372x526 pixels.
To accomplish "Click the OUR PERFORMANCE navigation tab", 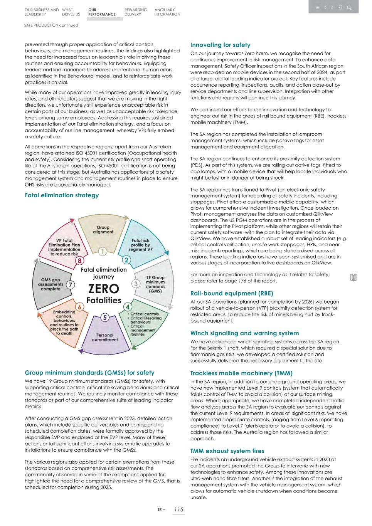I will (x=102, y=12).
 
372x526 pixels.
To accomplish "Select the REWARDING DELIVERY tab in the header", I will (x=136, y=12).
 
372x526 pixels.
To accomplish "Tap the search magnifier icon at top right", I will (x=349, y=7).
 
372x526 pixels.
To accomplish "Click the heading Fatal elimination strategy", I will (x=62, y=195).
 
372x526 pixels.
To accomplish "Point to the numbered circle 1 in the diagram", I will (x=103, y=252).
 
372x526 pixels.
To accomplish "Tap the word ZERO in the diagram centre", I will (x=104, y=289).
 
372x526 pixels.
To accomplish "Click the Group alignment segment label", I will (x=103, y=230).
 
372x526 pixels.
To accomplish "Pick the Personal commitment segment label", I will (x=105, y=337).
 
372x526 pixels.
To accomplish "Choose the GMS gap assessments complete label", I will (x=50, y=284).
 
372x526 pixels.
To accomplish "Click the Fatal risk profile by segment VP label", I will (x=140, y=245).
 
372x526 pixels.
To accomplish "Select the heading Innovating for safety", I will (x=220, y=45).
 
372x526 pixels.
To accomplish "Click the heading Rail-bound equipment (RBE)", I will (x=232, y=293).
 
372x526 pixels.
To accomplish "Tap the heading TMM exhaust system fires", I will (x=227, y=451).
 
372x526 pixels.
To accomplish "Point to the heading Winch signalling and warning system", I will (x=244, y=333).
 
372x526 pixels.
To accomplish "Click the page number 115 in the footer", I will (x=178, y=509).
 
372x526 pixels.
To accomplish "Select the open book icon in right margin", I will (x=353, y=277).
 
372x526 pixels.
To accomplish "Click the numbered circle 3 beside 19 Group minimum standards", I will (x=136, y=284).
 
